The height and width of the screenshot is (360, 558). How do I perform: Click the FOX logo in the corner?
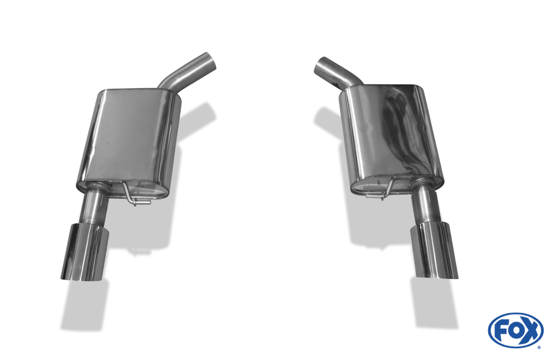[516, 330]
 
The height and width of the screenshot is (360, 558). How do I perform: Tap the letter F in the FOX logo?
[503, 331]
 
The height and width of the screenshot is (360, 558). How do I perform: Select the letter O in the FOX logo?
[516, 331]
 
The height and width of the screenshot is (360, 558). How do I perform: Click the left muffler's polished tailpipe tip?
[85, 252]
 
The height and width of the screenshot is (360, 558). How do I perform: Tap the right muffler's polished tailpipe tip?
[434, 250]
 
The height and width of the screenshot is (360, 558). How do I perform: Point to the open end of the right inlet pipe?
[321, 65]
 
